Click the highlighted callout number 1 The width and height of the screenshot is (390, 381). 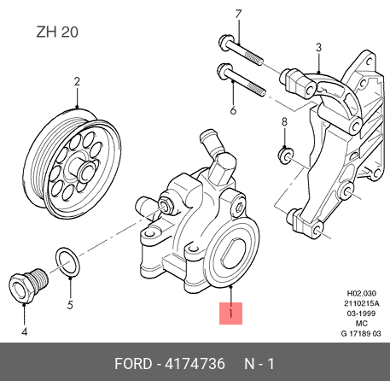pos(230,314)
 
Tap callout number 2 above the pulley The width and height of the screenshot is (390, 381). pos(77,82)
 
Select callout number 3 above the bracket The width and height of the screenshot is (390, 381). pos(318,47)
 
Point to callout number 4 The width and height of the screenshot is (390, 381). pos(25,331)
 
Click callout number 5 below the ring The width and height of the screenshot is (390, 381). pos(70,305)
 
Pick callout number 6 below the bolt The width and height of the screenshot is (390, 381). pos(233,110)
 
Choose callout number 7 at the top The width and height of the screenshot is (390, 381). pos(238,14)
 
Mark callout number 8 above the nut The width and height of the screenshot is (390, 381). pos(284,121)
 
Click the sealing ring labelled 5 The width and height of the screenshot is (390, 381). pos(67,262)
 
